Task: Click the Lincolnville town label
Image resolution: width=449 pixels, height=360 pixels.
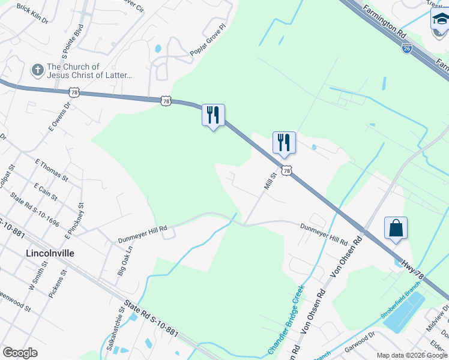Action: click(50, 253)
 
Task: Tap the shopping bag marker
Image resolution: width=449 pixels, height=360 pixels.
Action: click(396, 229)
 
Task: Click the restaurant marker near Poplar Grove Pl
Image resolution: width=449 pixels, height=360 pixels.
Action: click(212, 115)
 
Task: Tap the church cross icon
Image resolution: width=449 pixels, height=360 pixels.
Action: click(37, 71)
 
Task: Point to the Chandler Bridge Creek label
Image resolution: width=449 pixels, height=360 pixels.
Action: click(282, 319)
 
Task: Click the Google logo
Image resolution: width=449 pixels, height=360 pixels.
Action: click(20, 352)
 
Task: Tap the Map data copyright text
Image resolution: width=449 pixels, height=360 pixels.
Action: click(411, 355)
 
